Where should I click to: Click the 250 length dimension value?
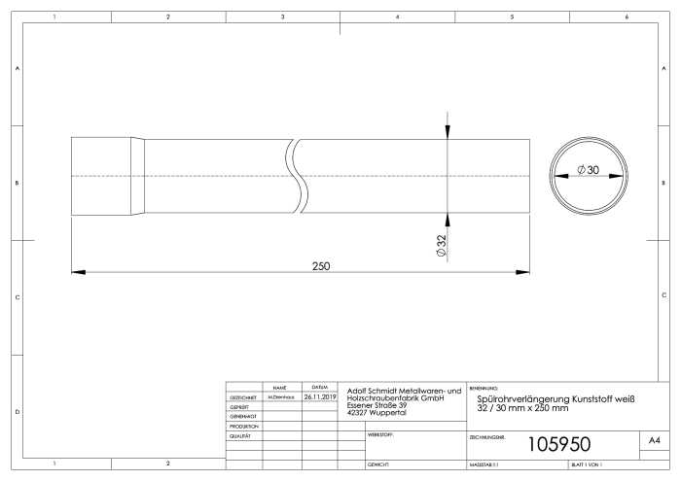tap(321, 266)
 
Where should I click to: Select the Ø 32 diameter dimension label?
tap(442, 246)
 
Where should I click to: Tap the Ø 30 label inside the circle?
tap(588, 170)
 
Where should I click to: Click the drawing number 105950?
tap(559, 444)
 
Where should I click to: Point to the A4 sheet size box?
tap(655, 440)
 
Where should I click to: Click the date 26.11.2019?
tap(320, 396)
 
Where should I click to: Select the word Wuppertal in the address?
tap(388, 412)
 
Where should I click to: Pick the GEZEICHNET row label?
tap(243, 397)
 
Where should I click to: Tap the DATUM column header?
tap(320, 387)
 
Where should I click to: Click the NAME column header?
tap(280, 388)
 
